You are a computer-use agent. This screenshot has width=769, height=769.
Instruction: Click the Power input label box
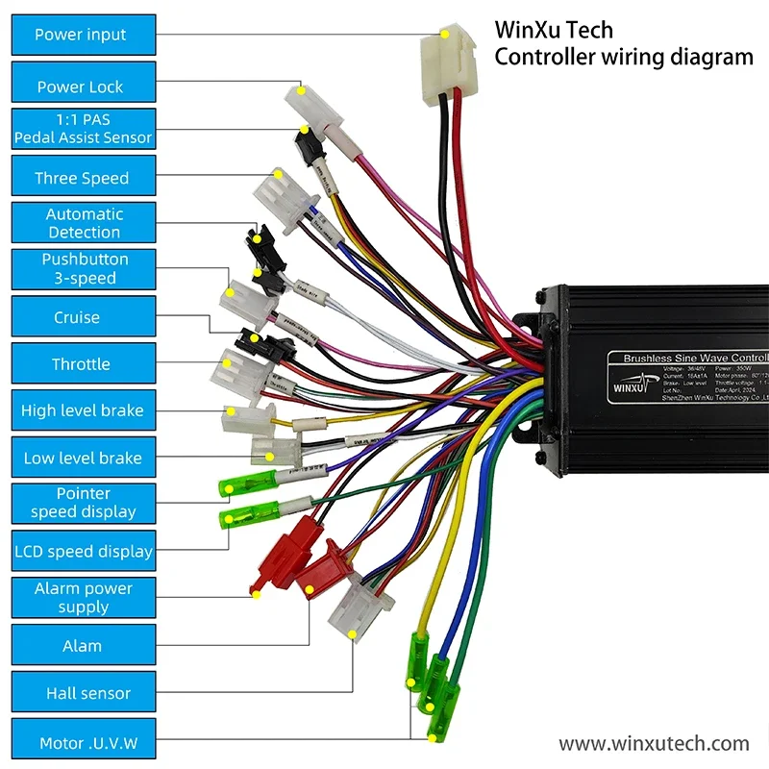click(x=82, y=35)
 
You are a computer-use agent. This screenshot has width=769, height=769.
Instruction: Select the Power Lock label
click(x=82, y=87)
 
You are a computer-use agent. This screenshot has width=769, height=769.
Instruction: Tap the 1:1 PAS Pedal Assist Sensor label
click(x=82, y=129)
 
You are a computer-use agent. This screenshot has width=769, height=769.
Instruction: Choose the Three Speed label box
click(x=82, y=178)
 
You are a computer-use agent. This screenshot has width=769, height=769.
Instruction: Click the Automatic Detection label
click(x=82, y=223)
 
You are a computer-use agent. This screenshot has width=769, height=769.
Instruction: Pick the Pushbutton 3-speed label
click(x=82, y=269)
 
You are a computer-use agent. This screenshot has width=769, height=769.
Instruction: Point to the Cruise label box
click(x=82, y=317)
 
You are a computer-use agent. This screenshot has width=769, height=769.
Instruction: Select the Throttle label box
click(x=82, y=364)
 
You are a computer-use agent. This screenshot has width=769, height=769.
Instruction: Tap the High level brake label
click(x=82, y=410)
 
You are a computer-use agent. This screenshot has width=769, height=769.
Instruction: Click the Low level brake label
click(x=82, y=459)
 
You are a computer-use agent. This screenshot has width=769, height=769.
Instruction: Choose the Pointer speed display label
click(x=82, y=503)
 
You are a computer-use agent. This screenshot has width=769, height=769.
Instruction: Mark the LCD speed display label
click(x=82, y=552)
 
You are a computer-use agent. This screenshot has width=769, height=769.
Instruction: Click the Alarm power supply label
click(x=82, y=598)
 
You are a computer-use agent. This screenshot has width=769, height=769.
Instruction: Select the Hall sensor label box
click(x=82, y=693)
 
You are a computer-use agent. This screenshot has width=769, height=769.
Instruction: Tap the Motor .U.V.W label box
click(x=82, y=743)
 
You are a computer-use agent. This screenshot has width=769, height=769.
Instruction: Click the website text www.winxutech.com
click(x=654, y=743)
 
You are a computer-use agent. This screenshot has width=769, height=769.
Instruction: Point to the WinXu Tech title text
click(x=553, y=30)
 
